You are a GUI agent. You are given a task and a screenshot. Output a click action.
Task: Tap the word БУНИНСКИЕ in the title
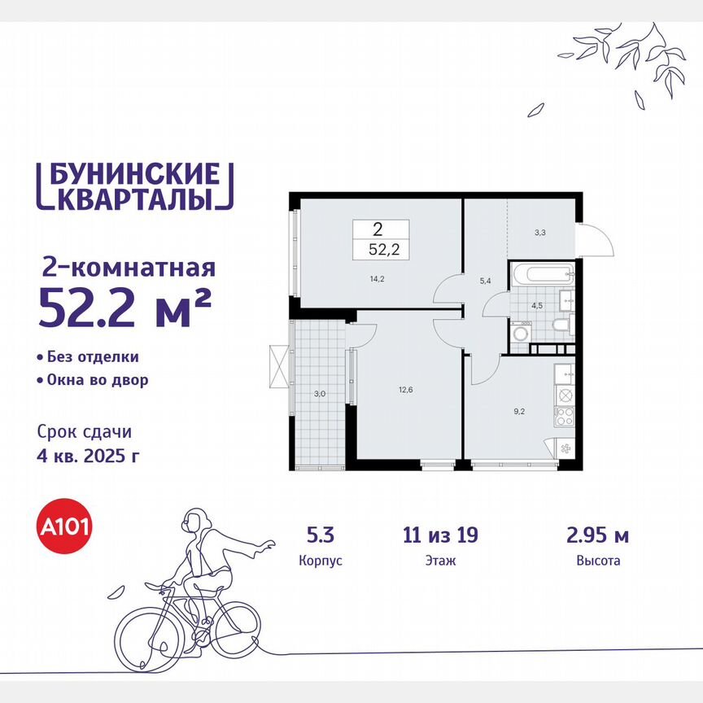tap(131, 174)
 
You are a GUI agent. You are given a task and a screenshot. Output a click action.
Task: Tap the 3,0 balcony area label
tap(321, 394)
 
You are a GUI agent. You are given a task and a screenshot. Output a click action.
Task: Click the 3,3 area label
tap(539, 231)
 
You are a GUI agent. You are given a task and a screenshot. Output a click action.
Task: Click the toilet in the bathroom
tap(560, 327)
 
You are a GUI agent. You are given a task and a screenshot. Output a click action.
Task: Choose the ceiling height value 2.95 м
tap(598, 535)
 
